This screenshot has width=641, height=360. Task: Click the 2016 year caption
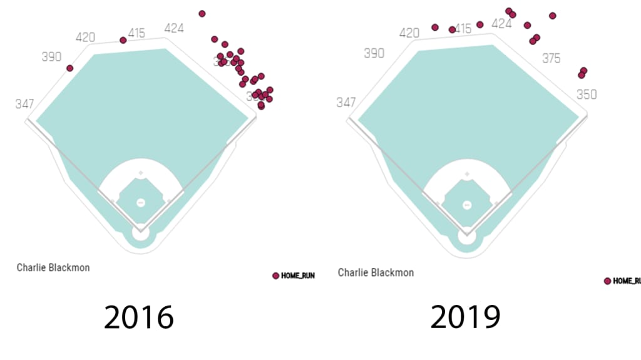point(139,317)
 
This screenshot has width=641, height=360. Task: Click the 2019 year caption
point(464,317)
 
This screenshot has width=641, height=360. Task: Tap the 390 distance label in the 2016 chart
point(51,57)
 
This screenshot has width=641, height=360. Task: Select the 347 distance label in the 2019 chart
point(346,103)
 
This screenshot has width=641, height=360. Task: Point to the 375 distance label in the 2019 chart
point(551,58)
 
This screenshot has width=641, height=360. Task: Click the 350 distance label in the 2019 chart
point(587,95)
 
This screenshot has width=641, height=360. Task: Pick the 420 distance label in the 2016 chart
point(85,38)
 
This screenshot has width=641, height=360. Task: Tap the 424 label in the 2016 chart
point(175,28)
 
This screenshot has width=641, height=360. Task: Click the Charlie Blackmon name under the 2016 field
point(53,267)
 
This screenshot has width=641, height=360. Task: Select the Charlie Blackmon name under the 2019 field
point(376,272)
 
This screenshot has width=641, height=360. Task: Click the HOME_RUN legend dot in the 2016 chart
point(275,275)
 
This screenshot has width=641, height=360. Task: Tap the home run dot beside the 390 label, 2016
point(70,68)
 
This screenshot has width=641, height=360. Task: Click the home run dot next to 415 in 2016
point(123,40)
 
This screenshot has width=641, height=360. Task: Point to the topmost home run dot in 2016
point(202,13)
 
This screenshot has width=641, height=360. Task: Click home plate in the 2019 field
point(466,239)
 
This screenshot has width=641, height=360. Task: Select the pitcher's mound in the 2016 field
point(140,202)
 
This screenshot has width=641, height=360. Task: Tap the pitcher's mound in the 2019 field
point(466,205)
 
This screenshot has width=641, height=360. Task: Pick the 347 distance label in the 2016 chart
point(24,104)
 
